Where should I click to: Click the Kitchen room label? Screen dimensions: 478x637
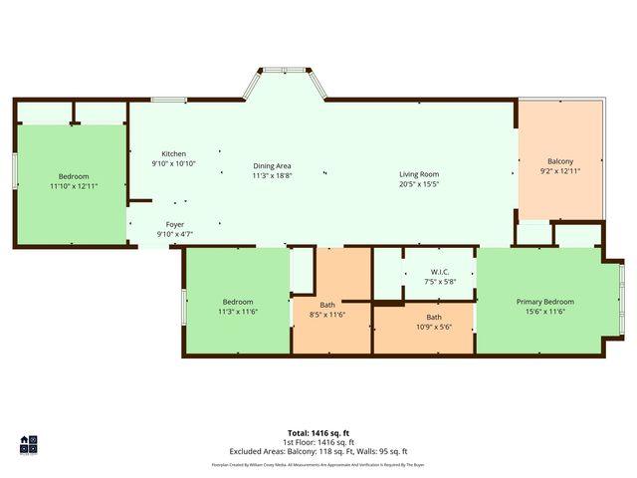pos(174,154)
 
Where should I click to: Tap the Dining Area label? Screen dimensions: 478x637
pos(272,165)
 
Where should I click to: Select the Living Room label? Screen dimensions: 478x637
pos(419,173)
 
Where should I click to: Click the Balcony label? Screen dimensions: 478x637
pos(560,161)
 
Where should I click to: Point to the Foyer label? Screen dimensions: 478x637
pos(174,225)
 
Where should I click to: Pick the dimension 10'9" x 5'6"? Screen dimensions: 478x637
pos(433,326)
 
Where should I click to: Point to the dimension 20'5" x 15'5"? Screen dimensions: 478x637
pos(419,183)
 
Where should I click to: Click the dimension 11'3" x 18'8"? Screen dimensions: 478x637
pos(272,175)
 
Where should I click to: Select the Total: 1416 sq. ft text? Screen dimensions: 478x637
pos(318,433)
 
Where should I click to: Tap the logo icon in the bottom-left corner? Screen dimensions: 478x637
pos(28,443)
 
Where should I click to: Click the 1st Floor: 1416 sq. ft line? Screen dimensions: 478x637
pos(318,442)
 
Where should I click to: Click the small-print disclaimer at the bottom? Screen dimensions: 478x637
pos(318,464)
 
